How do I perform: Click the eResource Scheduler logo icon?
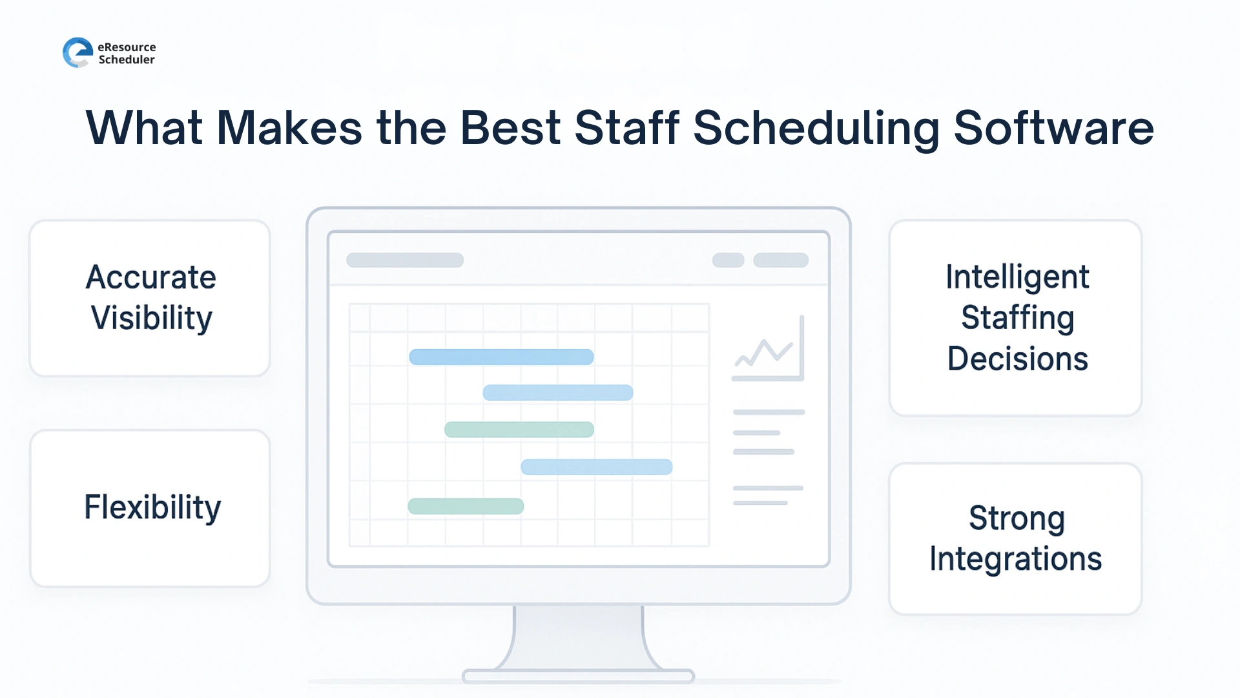[77, 52]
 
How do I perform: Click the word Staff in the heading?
[626, 128]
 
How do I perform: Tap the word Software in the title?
[1053, 128]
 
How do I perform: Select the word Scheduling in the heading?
[816, 128]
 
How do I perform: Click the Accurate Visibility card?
[150, 298]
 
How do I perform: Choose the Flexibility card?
[150, 508]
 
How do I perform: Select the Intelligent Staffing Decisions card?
[1015, 318]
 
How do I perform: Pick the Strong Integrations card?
[1015, 538]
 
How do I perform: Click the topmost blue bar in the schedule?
[501, 357]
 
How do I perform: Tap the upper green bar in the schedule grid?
[519, 430]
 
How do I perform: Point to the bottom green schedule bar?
[466, 506]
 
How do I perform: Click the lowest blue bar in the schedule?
[596, 467]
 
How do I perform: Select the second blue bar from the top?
[557, 392]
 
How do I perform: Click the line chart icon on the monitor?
[768, 350]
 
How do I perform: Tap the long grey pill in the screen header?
[405, 260]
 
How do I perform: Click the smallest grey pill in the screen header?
[728, 260]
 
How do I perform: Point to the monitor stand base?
[578, 676]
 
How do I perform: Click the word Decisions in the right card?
[1017, 359]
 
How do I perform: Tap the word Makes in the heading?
[289, 128]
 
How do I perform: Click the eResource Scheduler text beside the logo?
[127, 53]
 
